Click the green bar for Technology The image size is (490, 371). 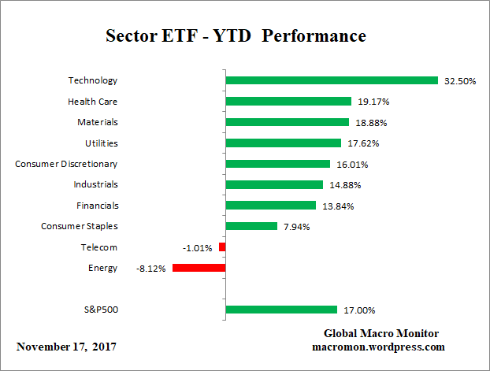(x=331, y=80)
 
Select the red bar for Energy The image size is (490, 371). (x=199, y=268)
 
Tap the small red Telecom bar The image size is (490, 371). (x=222, y=247)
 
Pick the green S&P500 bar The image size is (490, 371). (x=281, y=310)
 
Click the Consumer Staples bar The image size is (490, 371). (x=251, y=226)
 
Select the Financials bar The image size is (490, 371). (x=270, y=206)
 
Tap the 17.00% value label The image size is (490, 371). (x=358, y=310)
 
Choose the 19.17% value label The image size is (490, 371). (x=371, y=102)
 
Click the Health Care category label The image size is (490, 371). (x=93, y=101)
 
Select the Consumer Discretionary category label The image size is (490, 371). (x=66, y=164)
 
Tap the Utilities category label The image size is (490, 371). (x=101, y=143)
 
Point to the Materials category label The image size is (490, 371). (x=98, y=122)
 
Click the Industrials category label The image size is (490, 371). (x=95, y=184)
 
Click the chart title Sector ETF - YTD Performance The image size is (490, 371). (x=236, y=36)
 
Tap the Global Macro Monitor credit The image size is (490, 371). (x=380, y=333)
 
